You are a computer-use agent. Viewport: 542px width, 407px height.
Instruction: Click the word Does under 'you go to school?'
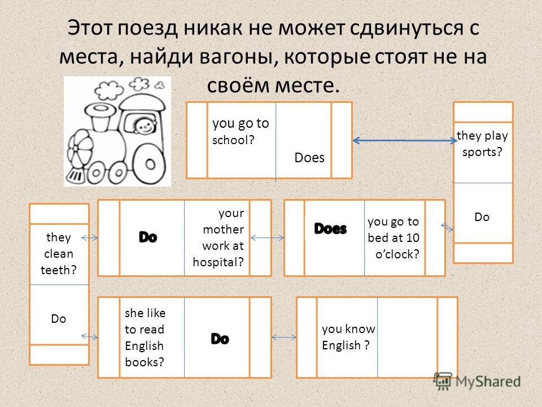(x=309, y=158)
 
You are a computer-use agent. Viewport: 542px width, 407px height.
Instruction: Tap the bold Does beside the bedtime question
(x=330, y=229)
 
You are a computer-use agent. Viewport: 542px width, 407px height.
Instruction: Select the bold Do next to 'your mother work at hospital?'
(x=148, y=237)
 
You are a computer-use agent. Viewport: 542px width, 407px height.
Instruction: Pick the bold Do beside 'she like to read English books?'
(x=220, y=339)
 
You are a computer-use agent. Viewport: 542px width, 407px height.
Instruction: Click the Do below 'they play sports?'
(x=482, y=217)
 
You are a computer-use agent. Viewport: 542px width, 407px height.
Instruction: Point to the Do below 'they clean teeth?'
(x=58, y=319)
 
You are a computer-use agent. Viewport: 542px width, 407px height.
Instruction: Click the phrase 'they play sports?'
(x=482, y=144)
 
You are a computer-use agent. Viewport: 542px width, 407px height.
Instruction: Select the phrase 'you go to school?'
(x=241, y=132)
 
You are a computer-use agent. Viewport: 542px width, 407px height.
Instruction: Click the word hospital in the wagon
(x=218, y=262)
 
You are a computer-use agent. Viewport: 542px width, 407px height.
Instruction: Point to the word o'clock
(x=397, y=254)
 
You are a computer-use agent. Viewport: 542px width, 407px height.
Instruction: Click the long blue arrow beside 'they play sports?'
(x=404, y=141)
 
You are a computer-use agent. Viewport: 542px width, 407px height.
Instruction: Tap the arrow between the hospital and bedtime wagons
(x=267, y=238)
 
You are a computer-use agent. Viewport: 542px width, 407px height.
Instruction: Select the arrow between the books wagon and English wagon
(x=284, y=337)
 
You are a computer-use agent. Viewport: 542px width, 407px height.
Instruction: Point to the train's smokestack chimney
(x=100, y=117)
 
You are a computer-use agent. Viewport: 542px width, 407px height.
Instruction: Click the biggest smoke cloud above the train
(x=109, y=90)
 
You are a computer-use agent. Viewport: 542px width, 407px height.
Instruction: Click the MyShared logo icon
(x=443, y=381)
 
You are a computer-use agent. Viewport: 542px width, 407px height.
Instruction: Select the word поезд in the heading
(x=147, y=28)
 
